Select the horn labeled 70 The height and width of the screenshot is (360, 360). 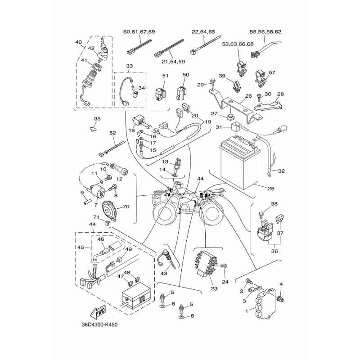pyautogui.click(x=109, y=210)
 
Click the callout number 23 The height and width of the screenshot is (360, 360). pyautogui.click(x=214, y=288)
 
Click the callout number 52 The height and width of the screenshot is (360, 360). pyautogui.click(x=113, y=133)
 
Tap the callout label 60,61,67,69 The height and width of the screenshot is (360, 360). pyautogui.click(x=139, y=31)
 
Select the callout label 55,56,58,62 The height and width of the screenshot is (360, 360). pyautogui.click(x=265, y=31)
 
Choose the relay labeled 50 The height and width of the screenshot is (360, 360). pyautogui.click(x=181, y=93)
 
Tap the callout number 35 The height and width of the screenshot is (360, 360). pyautogui.click(x=97, y=119)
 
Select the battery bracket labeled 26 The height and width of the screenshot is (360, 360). pyautogui.click(x=235, y=106)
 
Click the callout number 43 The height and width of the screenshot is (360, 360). pyautogui.click(x=164, y=274)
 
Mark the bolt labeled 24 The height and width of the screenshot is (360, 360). pyautogui.click(x=223, y=266)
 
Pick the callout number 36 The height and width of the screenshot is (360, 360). pyautogui.click(x=274, y=251)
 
